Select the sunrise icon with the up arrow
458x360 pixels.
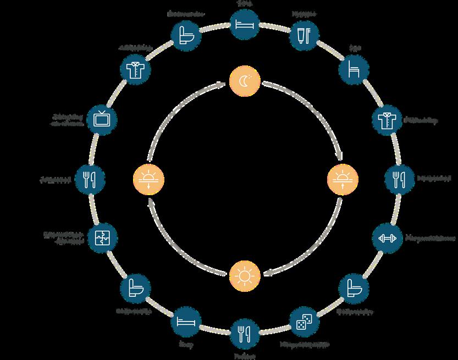(x=342, y=179)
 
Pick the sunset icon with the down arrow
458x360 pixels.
(x=148, y=179)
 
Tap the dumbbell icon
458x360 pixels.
(x=387, y=238)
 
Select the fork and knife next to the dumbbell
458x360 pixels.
(x=399, y=178)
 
